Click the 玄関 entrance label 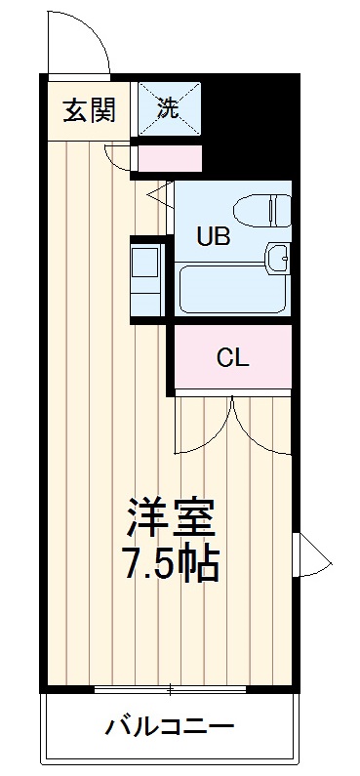point(90,109)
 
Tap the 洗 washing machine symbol point(170,108)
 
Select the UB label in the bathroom point(214,236)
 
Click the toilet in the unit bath point(262,211)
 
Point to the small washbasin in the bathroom point(278,257)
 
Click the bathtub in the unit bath point(232,290)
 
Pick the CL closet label point(232,358)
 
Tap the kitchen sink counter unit point(147,280)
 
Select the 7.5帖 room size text point(171,564)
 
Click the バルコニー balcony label point(169,727)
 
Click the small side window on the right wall point(311,554)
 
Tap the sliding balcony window point(170,689)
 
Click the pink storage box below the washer point(169,159)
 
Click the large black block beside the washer point(251,126)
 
